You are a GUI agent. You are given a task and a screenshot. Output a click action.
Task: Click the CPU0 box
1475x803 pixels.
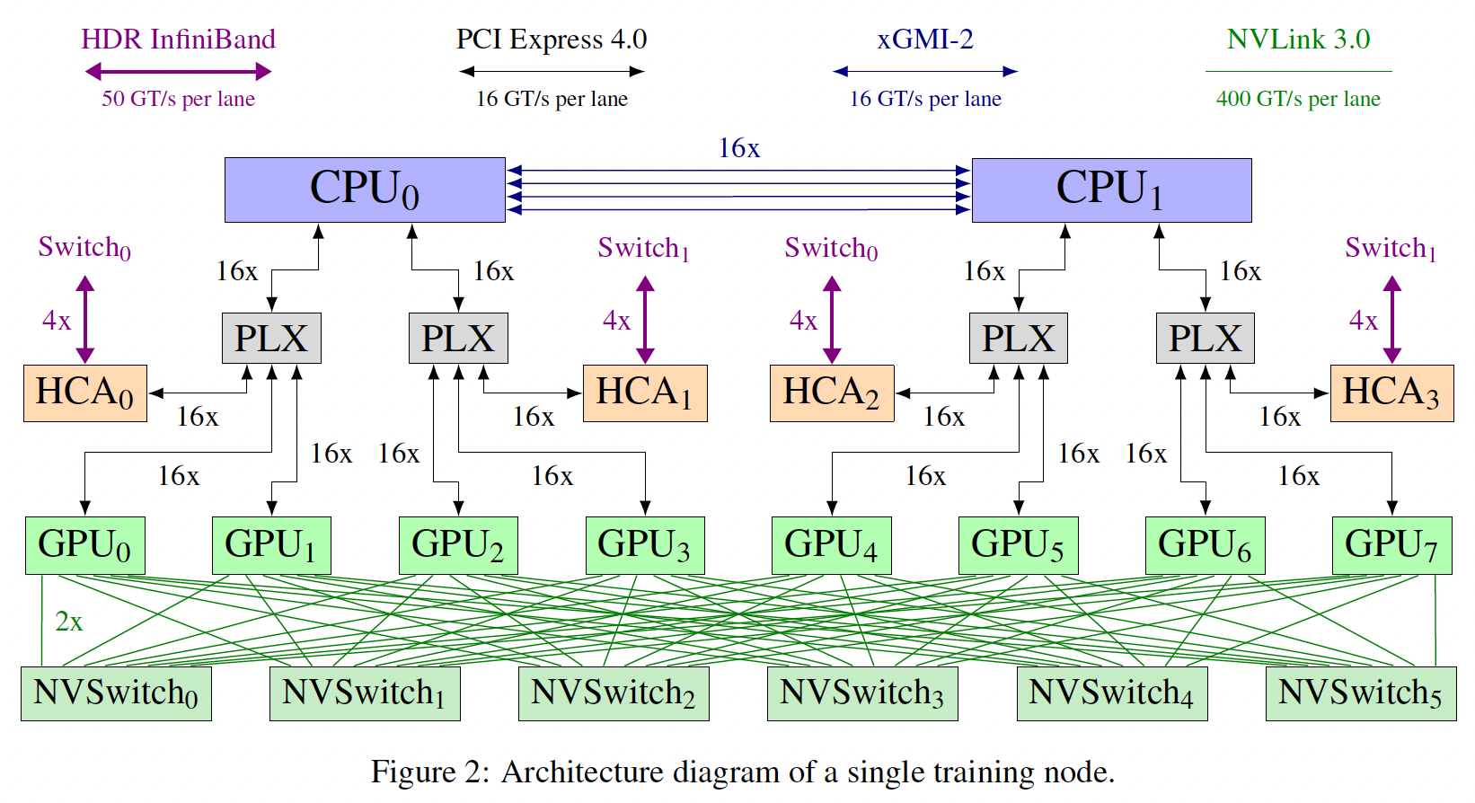pos(365,190)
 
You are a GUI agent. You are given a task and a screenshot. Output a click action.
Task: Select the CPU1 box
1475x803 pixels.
pos(1111,190)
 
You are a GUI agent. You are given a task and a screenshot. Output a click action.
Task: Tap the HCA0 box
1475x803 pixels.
pos(85,393)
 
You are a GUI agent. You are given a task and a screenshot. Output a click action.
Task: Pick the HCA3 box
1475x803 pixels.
pos(1391,393)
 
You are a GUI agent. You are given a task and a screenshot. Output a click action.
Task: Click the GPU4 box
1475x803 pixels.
pos(831,545)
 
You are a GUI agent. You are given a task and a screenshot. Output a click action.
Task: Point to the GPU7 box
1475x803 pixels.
pos(1391,545)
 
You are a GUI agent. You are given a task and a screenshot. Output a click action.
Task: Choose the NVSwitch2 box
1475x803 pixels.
pos(614,693)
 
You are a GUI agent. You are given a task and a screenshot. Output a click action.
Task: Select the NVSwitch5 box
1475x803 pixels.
pos(1361,693)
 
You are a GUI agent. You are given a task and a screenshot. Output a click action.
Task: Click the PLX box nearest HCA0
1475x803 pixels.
pos(271,339)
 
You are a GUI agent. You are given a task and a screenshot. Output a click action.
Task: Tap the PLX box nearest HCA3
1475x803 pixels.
pos(1205,339)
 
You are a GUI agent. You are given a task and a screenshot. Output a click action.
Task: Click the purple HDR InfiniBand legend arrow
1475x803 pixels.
pos(178,72)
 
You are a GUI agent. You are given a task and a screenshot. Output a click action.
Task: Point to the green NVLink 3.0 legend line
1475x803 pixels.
pos(1298,71)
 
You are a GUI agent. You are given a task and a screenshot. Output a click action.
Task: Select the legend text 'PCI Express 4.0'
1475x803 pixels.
pos(552,40)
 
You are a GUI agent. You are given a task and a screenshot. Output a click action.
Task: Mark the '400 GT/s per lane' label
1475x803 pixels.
pos(1298,99)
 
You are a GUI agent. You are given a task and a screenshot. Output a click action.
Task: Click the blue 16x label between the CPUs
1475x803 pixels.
pos(738,148)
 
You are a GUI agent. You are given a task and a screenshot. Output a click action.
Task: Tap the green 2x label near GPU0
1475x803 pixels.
pos(69,622)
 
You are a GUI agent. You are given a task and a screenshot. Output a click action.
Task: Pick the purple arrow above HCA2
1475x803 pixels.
pos(832,320)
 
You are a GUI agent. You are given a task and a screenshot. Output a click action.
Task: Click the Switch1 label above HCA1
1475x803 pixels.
pos(643,249)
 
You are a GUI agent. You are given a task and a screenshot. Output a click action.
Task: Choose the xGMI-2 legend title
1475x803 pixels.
pos(925,40)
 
